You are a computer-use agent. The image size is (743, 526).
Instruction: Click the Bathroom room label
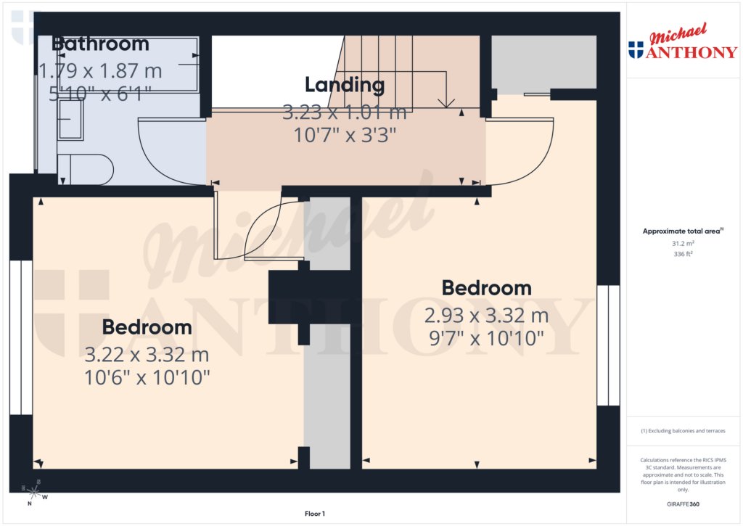(100, 44)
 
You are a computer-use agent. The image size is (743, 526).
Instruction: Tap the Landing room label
(344, 85)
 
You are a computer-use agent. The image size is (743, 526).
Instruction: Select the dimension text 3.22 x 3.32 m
(147, 355)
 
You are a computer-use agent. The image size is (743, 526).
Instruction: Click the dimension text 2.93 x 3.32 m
(486, 316)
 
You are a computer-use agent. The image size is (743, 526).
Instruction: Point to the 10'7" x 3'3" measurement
(344, 135)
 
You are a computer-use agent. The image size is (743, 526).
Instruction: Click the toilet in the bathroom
(86, 169)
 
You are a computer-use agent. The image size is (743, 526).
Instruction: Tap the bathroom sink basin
(70, 120)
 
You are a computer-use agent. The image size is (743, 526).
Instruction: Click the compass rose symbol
(34, 493)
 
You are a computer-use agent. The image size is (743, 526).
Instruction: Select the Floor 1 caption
(315, 514)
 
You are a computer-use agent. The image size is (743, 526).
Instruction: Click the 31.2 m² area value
(682, 244)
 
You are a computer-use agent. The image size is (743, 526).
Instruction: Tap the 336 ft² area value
(682, 254)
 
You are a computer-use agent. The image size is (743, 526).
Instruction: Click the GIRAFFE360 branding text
(682, 504)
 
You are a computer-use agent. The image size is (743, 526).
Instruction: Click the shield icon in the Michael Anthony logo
(636, 49)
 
